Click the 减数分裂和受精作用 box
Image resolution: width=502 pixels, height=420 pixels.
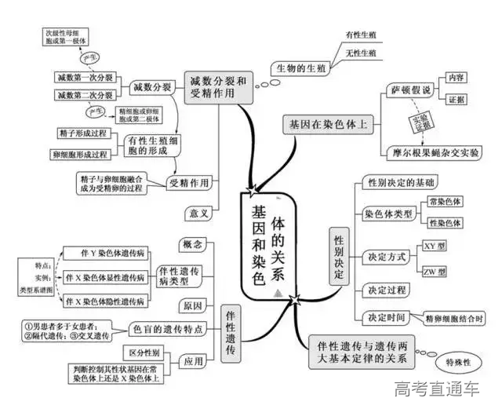[x=220, y=88]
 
